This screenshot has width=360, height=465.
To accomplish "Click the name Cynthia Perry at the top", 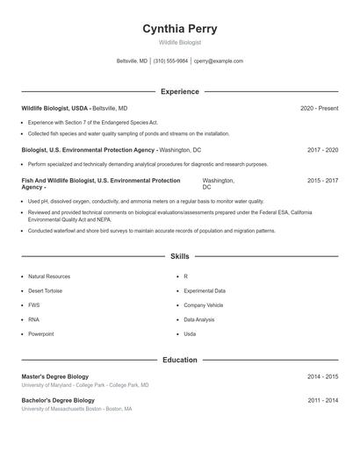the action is click(180, 29).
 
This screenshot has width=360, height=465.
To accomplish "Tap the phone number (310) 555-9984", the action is click(170, 61).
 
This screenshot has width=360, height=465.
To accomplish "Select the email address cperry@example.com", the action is click(219, 61).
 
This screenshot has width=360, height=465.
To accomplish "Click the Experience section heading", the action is click(180, 91).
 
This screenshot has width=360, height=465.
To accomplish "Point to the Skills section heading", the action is click(180, 256).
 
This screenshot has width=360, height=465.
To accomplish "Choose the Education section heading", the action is click(180, 360).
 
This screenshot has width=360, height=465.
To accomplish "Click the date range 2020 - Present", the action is click(319, 108).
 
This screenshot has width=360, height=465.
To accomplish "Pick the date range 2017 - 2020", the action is click(322, 150).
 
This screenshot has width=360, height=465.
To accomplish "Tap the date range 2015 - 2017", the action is click(322, 180).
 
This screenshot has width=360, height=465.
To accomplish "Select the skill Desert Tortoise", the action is click(47, 290).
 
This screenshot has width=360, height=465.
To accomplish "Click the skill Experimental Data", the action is click(204, 290).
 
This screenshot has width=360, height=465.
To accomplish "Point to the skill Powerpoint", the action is click(40, 334).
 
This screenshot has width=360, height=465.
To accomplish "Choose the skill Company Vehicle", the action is click(203, 305).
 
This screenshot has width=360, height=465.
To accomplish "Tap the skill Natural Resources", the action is click(48, 276).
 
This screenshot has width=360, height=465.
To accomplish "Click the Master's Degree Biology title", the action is click(54, 376).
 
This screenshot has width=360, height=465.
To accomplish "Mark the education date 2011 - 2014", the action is click(322, 400).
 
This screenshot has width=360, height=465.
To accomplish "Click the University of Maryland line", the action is click(85, 385).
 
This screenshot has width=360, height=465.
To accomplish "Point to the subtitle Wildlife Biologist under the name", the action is click(180, 42).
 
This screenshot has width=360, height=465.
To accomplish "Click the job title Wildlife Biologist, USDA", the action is click(54, 108).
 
